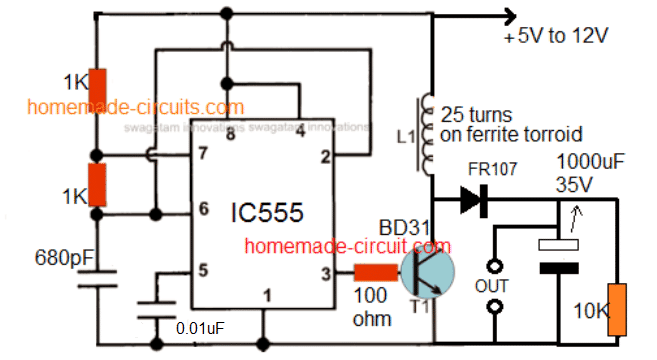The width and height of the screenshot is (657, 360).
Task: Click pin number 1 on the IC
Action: pos(266,294)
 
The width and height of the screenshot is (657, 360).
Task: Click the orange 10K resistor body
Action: pos(621,310)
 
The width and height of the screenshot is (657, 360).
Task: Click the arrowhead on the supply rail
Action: pos(508,14)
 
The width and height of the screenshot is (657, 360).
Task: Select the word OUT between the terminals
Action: pos(491,285)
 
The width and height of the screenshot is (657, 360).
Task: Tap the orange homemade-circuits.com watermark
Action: pos(135,107)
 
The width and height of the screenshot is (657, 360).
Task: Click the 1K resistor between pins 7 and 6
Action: pos(97,183)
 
